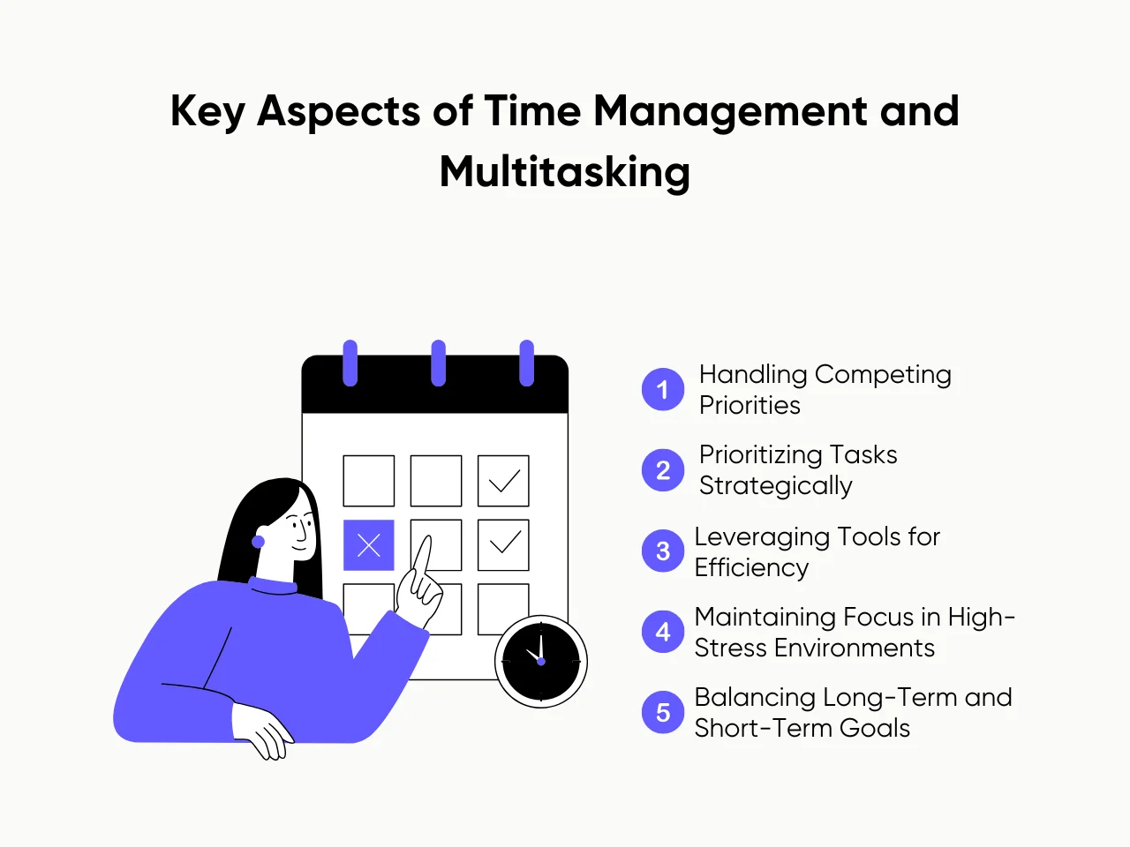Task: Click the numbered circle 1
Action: click(663, 389)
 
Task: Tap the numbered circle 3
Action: click(663, 551)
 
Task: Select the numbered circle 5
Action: click(663, 712)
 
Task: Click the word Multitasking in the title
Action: click(565, 172)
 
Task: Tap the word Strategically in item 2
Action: click(776, 486)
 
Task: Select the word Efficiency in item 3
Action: click(751, 568)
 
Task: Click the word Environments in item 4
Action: click(854, 648)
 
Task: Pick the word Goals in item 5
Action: click(875, 729)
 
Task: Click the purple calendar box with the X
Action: click(369, 545)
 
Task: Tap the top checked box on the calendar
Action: click(503, 481)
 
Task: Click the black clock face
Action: click(541, 661)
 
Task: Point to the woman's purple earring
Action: click(259, 541)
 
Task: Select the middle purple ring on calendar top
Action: click(438, 363)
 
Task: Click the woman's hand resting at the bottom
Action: click(265, 731)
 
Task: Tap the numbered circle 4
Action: click(663, 632)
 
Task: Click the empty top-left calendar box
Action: click(369, 481)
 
